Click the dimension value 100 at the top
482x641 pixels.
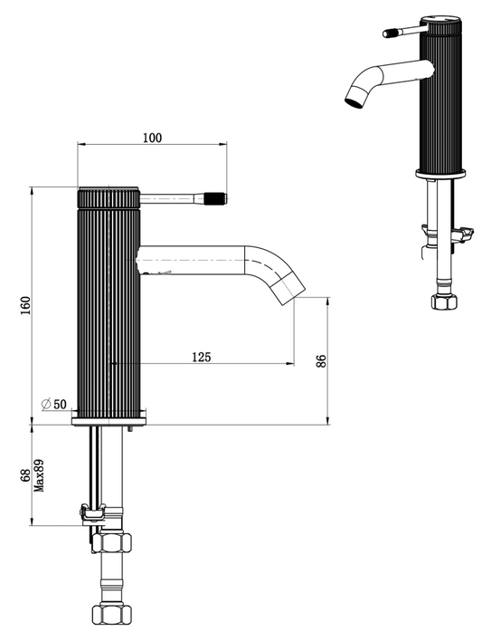152,137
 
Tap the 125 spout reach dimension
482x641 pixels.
201,357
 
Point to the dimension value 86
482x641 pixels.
320,360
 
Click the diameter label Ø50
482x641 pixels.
54,404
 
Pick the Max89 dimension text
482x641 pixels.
38,475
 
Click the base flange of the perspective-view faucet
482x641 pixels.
441,172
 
